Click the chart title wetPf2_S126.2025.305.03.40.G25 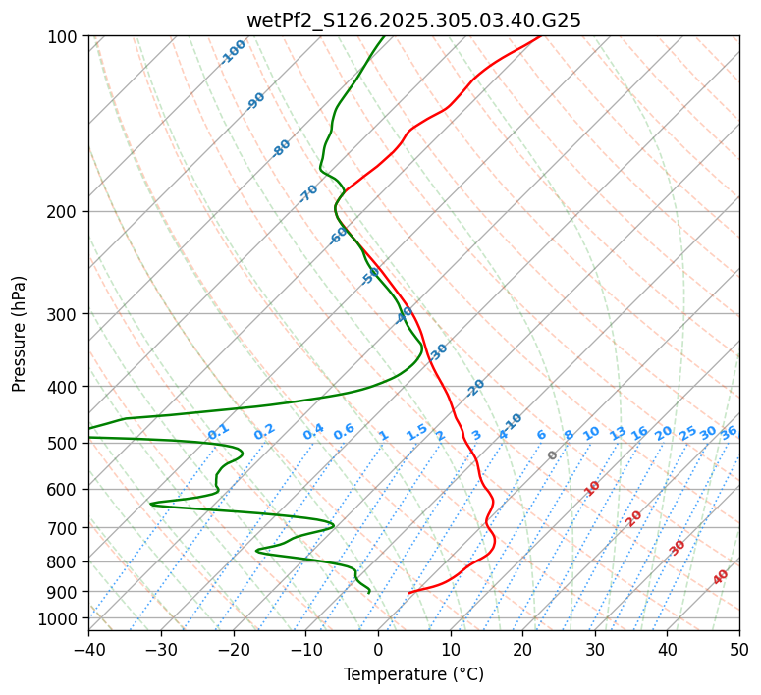pos(413,19)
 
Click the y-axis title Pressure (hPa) pos(20,333)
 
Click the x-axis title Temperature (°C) pos(413,674)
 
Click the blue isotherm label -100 pos(234,51)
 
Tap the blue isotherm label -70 pos(308,192)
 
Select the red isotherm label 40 pos(721,577)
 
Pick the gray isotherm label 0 pos(553,455)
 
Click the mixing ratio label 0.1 pos(218,432)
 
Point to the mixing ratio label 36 pos(729,432)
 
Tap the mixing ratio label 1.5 pos(416,432)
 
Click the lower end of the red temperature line pos(409,593)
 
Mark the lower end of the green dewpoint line pos(369,593)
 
